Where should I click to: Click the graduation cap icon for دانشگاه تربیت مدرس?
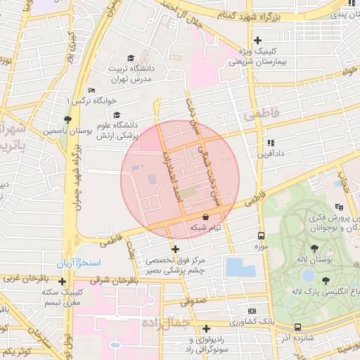click(x=130, y=58)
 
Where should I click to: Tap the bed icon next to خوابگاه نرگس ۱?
click(x=91, y=91)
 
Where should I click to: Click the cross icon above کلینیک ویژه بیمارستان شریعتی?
click(x=257, y=40)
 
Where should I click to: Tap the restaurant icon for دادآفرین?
click(x=269, y=142)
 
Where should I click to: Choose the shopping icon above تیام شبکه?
click(x=205, y=217)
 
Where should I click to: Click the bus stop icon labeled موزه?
click(x=261, y=236)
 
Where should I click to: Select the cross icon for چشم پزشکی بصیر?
click(x=175, y=248)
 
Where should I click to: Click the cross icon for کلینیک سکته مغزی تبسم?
click(x=63, y=281)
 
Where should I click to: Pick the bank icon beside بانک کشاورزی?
click(x=252, y=310)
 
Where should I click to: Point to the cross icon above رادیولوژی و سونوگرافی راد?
click(x=206, y=328)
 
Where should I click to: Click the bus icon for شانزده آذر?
click(x=298, y=327)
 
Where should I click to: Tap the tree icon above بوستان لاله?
click(x=314, y=248)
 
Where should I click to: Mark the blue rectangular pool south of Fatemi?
click(x=240, y=267)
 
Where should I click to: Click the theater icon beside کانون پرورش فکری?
click(x=338, y=207)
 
